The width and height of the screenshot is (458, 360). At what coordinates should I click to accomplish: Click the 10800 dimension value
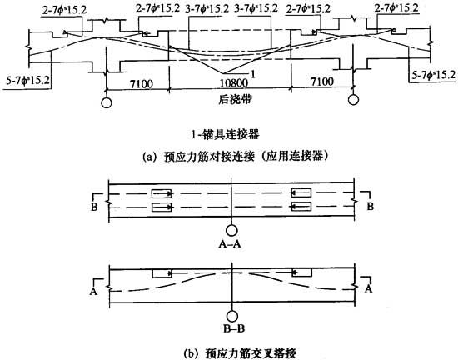[x=234, y=83]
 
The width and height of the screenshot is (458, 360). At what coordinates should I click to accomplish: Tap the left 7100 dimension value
[x=142, y=84]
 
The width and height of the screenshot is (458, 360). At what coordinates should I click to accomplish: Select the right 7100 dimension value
[x=322, y=82]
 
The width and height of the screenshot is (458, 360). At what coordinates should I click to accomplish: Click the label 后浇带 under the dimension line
[x=235, y=100]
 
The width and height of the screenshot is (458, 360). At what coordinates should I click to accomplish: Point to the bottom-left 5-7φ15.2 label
[x=28, y=80]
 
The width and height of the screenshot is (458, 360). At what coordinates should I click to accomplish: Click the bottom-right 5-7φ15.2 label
[x=434, y=75]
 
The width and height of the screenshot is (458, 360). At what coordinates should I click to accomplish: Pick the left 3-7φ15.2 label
[x=207, y=9]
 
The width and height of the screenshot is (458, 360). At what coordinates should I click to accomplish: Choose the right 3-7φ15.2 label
[x=256, y=8]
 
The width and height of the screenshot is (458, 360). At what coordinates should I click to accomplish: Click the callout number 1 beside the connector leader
[x=253, y=74]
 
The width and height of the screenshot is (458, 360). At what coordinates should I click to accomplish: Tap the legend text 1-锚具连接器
[x=225, y=134]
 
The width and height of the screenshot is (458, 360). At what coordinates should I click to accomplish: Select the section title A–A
[x=230, y=243]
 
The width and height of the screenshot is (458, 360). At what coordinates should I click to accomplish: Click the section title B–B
[x=234, y=328]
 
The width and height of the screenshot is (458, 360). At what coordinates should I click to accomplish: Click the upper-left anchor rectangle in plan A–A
[x=162, y=193]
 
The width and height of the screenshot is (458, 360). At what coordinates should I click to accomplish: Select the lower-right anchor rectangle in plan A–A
[x=301, y=207]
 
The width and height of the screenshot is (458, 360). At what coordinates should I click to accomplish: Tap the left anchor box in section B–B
[x=162, y=273]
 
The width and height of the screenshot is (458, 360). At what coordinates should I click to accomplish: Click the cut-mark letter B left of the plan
[x=94, y=207]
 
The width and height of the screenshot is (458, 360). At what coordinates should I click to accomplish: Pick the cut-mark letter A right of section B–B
[x=369, y=289]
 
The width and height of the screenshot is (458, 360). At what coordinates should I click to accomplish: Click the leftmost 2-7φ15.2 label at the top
[x=65, y=10]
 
